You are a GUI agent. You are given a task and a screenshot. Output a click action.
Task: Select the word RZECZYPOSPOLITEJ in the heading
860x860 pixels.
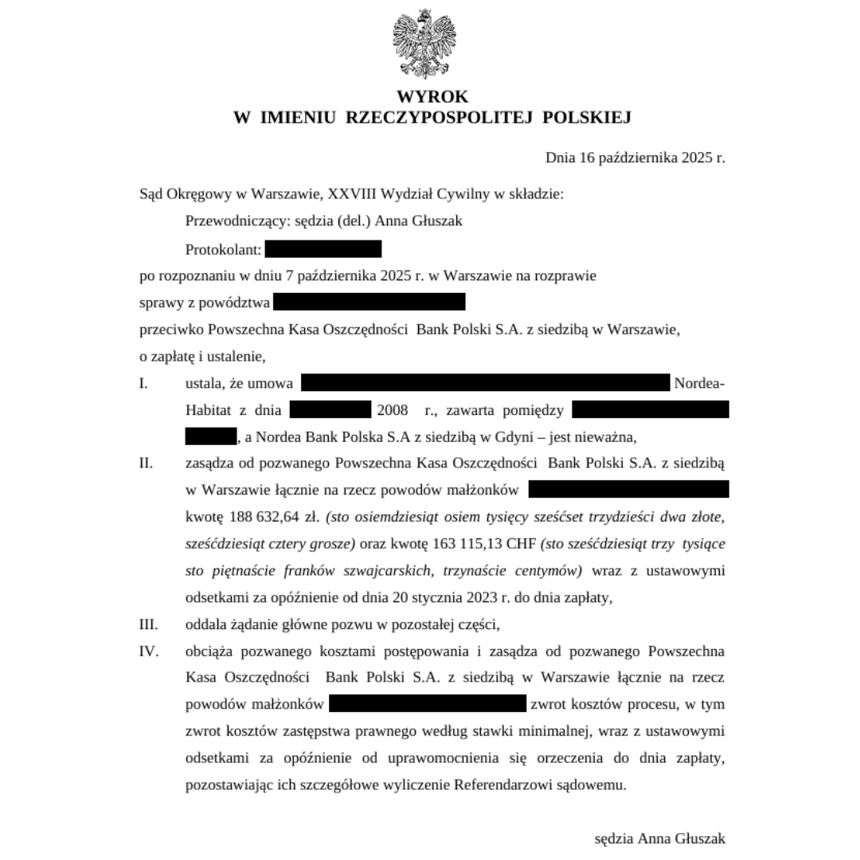[x=440, y=118]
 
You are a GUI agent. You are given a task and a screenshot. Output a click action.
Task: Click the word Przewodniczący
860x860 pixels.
[x=232, y=221]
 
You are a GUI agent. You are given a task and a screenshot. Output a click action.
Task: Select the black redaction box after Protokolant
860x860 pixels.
[x=323, y=249]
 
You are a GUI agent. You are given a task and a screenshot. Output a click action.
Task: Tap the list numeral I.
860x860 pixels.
[x=143, y=384]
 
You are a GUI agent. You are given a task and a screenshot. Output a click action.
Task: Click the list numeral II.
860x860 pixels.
[x=145, y=463]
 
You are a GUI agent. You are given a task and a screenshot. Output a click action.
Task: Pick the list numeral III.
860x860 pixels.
[x=148, y=623]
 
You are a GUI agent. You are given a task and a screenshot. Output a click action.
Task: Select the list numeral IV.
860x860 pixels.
[x=148, y=651]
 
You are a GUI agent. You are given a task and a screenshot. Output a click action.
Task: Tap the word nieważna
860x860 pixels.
[x=611, y=437]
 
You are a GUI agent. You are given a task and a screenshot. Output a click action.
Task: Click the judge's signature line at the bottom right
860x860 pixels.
[x=659, y=838]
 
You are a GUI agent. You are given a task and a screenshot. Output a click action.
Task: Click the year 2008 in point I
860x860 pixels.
[x=393, y=411]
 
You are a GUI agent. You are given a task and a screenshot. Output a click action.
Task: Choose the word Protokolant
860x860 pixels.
[x=223, y=250]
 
